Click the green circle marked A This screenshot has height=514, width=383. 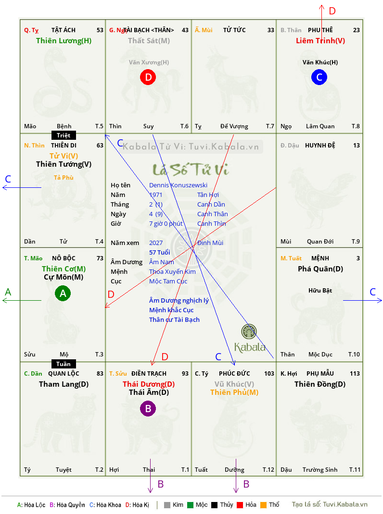click(63, 293)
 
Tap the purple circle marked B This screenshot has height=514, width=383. click(148, 409)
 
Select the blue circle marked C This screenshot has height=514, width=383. click(319, 77)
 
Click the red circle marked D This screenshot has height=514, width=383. click(148, 77)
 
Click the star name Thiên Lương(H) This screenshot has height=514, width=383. click(64, 41)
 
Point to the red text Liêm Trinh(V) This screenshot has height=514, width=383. click(320, 41)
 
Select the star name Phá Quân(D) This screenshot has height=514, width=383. click(320, 269)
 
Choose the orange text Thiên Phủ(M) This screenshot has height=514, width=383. click(234, 392)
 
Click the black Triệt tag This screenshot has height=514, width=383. click(64, 135)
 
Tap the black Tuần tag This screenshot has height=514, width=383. click(64, 364)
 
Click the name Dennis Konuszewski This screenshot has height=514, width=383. click(179, 185)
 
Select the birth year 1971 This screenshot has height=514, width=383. click(156, 195)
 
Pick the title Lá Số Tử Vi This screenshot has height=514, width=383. click(191, 170)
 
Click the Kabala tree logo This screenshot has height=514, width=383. click(249, 332)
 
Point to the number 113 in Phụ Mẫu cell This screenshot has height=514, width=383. click(355, 373)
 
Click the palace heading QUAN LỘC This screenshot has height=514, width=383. click(64, 373)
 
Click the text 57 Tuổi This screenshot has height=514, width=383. click(160, 252)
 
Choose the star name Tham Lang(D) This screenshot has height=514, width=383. click(64, 384)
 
